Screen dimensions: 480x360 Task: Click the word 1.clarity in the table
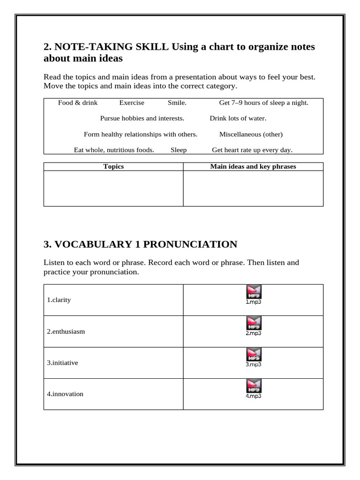[59, 300]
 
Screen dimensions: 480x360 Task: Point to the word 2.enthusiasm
[66, 331]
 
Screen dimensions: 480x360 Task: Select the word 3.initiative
[62, 363]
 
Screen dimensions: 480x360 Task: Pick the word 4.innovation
[65, 394]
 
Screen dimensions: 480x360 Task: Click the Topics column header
[113, 166]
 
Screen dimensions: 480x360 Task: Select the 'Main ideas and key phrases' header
[253, 166]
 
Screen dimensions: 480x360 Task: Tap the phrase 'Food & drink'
[78, 103]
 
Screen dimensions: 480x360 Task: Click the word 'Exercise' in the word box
[132, 103]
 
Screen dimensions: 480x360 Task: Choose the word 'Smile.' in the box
[177, 103]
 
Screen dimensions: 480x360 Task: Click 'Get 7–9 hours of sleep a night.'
[264, 103]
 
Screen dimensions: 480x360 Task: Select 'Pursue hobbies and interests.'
[142, 119]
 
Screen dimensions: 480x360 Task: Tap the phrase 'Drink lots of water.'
[238, 119]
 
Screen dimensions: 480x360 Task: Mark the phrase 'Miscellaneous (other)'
[251, 135]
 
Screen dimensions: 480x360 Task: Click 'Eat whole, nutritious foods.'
[114, 150]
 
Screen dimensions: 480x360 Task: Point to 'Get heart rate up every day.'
[252, 150]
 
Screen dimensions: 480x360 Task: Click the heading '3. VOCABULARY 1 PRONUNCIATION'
[140, 244]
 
